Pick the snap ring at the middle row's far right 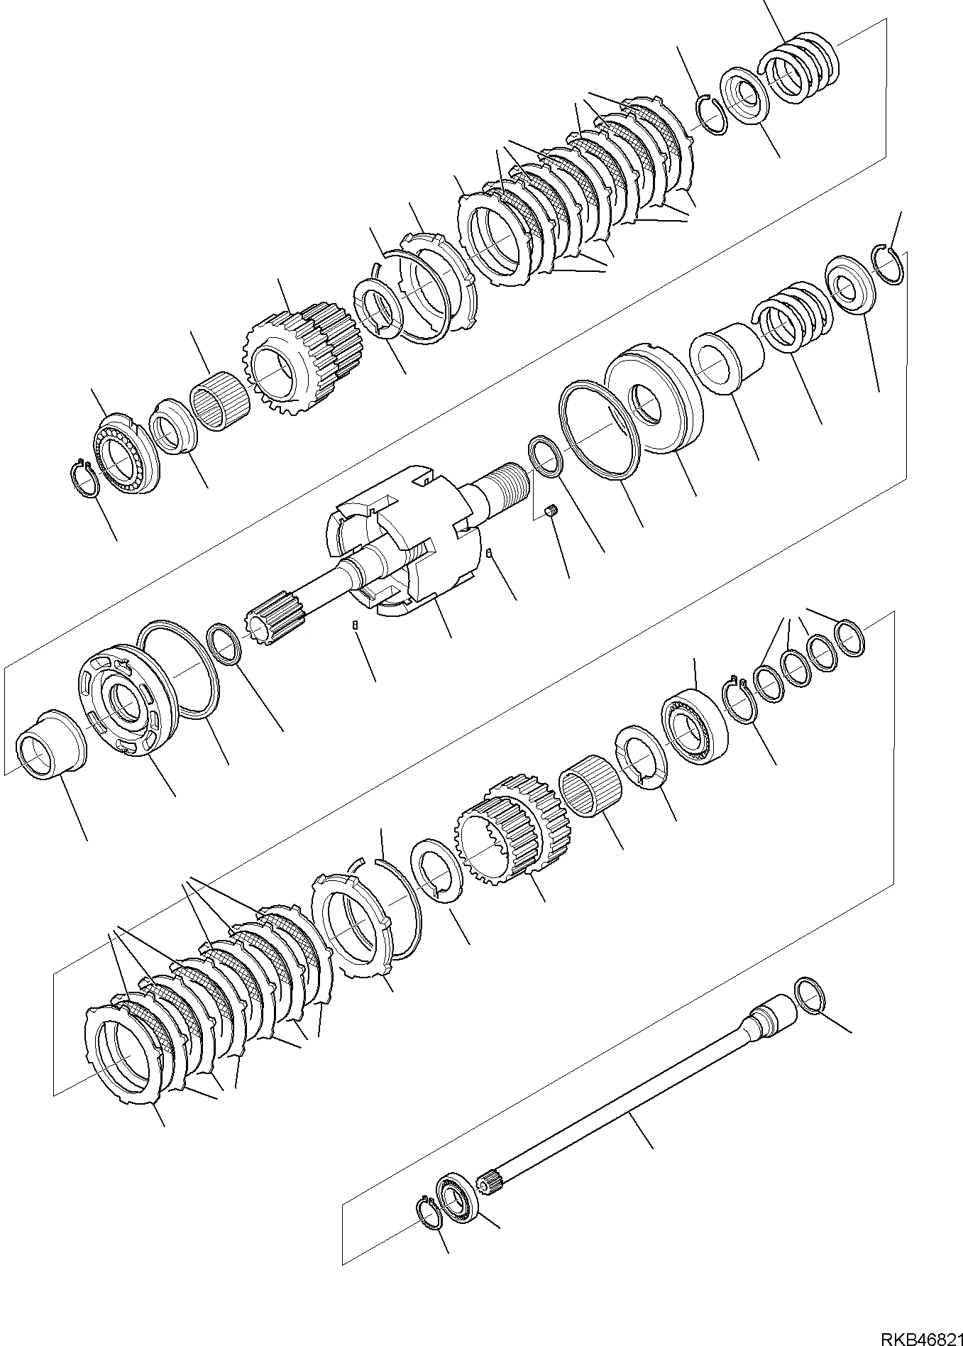[x=888, y=263]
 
